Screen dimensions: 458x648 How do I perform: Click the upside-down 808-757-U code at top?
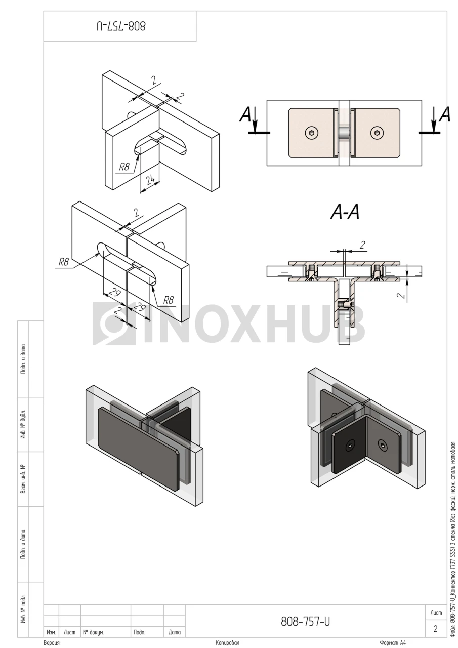tap(121, 26)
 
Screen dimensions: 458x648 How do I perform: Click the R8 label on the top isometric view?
tap(124, 167)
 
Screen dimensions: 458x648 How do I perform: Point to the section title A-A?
tap(345, 212)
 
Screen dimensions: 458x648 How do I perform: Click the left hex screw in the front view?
tap(311, 133)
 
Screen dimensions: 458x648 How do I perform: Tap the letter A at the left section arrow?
tap(245, 114)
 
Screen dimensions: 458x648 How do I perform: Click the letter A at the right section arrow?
tap(444, 114)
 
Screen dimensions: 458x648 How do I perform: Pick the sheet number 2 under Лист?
tap(435, 629)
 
